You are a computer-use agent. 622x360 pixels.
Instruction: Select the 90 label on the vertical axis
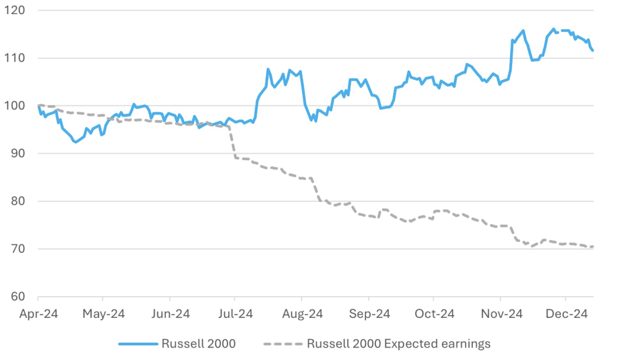(15, 154)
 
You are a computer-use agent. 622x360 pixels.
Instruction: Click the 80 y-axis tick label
(15, 201)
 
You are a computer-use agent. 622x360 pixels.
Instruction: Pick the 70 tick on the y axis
(15, 249)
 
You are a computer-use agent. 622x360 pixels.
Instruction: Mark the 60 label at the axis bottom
(15, 297)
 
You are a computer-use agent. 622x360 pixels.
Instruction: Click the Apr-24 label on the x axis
(38, 314)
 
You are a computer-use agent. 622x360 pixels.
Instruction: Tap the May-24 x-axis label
(103, 314)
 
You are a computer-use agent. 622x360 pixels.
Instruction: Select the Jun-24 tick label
(170, 314)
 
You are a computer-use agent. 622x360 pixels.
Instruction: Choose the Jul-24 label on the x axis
(235, 314)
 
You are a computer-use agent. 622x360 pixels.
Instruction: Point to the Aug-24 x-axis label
(301, 314)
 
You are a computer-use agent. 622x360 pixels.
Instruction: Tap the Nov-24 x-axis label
(501, 314)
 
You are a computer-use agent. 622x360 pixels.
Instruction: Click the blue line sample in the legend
(137, 344)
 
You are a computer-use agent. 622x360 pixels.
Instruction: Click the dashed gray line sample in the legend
(283, 344)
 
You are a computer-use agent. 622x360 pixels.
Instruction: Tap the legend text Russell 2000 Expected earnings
(398, 344)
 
